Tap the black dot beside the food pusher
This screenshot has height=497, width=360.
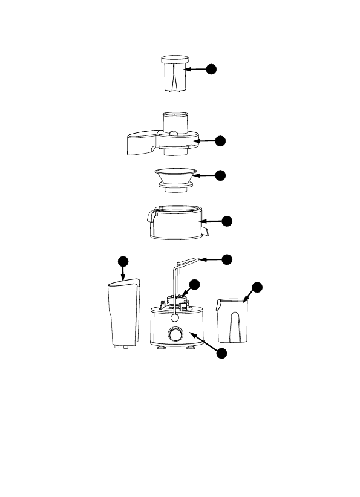click(211, 69)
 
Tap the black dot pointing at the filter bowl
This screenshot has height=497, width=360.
click(226, 221)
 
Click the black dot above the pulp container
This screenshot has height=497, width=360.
click(123, 261)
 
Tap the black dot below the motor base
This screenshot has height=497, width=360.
click(223, 352)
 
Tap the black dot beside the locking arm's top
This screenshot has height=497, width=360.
click(226, 259)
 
